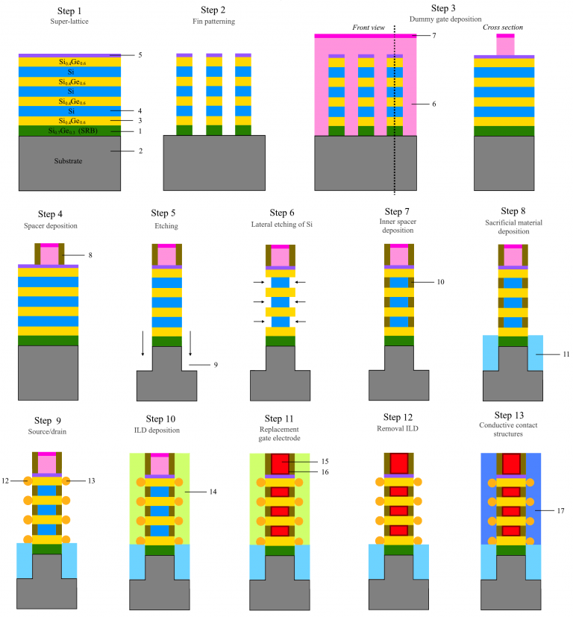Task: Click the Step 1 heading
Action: tap(69, 11)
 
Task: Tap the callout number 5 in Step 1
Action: tap(140, 55)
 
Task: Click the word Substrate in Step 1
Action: tap(68, 161)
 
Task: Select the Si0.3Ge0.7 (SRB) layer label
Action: tap(73, 131)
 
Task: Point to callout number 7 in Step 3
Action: tap(434, 35)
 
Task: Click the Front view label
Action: tap(369, 28)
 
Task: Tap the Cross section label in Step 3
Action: tap(503, 27)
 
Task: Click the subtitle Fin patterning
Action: tap(213, 21)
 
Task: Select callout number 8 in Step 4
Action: tap(90, 255)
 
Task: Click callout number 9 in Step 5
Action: tap(216, 365)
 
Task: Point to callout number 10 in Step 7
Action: tap(440, 282)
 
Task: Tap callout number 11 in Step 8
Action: tap(566, 354)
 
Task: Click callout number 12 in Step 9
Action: tap(5, 481)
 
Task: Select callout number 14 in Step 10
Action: tap(213, 492)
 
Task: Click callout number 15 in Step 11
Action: tap(325, 461)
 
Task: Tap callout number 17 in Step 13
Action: tap(560, 511)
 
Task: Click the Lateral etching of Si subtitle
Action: tap(282, 225)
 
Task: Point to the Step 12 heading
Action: tap(398, 417)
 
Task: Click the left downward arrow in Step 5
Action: tap(143, 343)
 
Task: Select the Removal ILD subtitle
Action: tap(398, 428)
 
